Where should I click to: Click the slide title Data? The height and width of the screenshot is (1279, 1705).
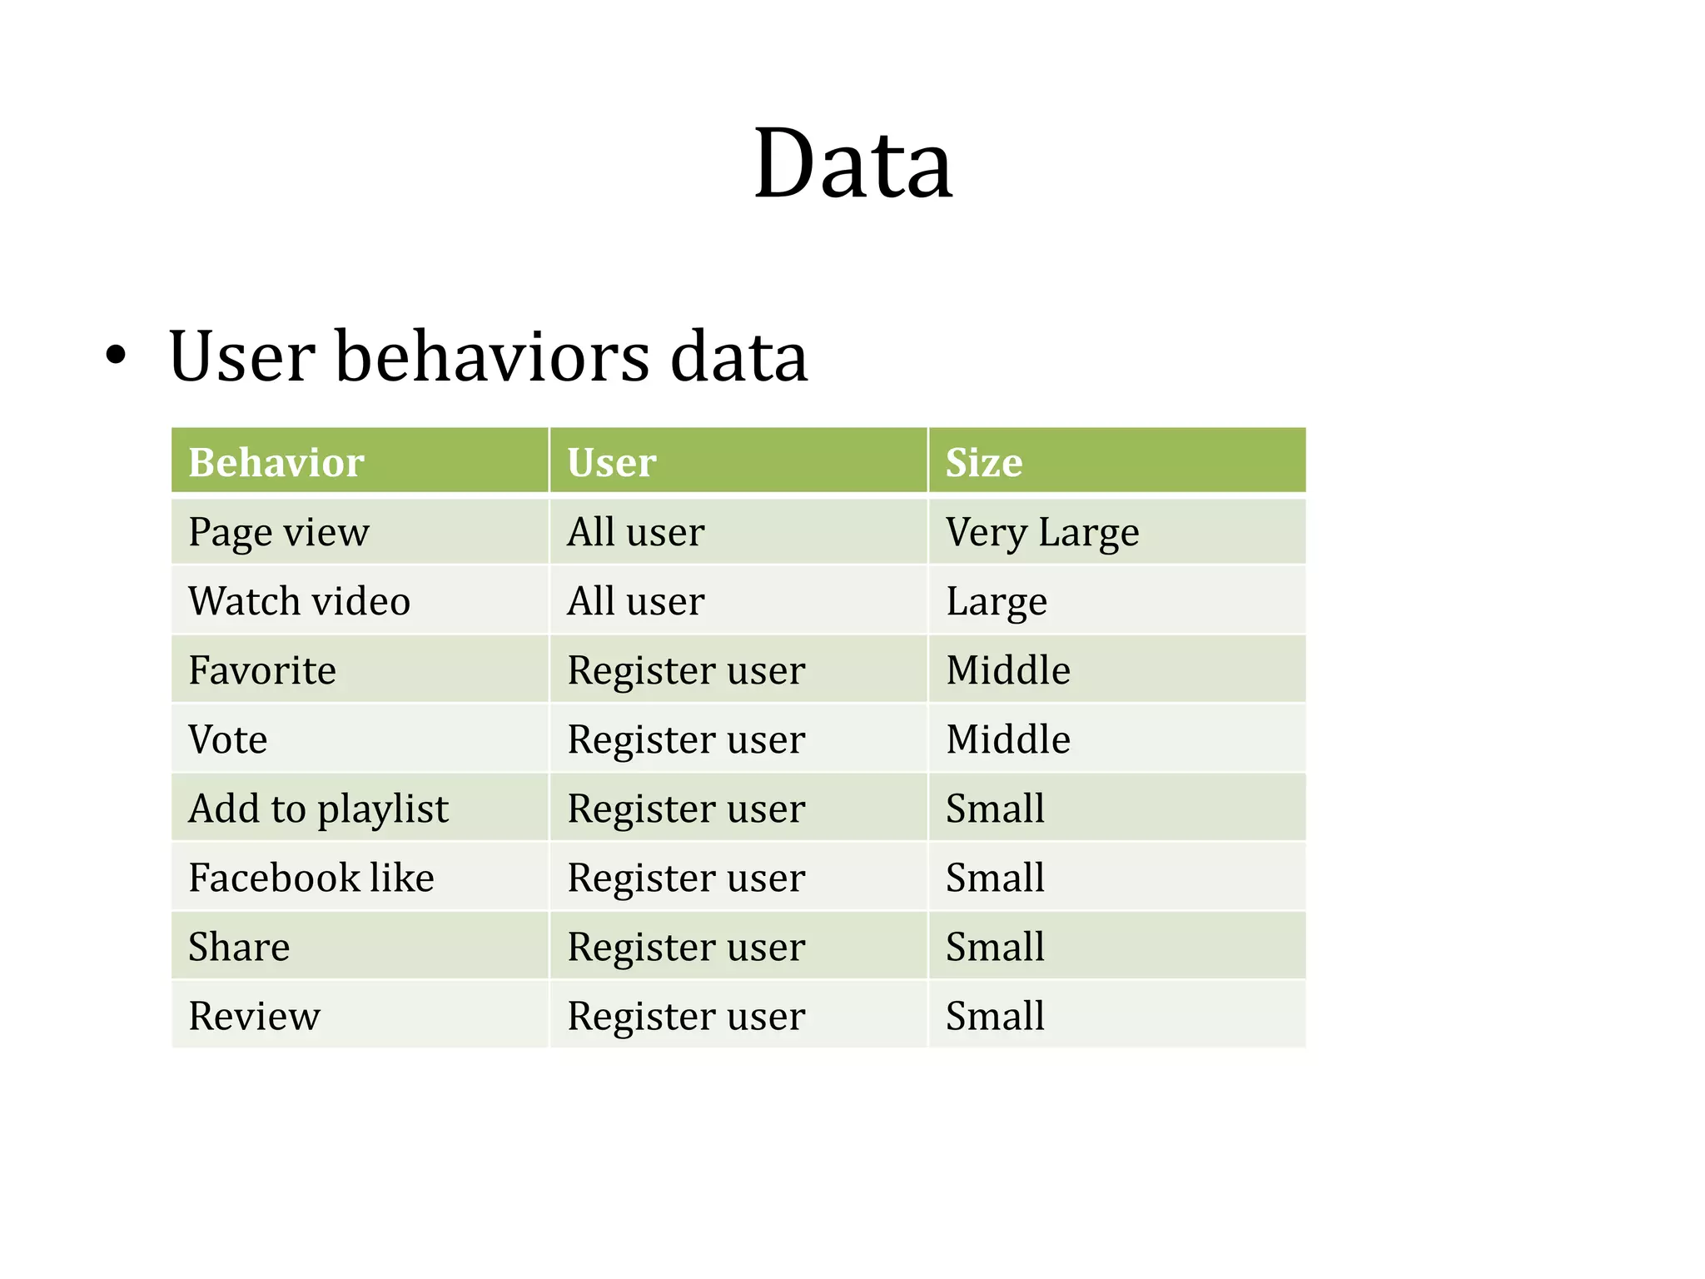852,163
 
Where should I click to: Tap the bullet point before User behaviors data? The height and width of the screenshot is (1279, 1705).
117,356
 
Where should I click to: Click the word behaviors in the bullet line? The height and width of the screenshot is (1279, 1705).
492,356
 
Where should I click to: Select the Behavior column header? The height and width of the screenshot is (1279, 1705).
276,462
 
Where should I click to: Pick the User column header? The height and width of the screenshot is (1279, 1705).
612,462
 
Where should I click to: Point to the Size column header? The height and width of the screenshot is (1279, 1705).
984,462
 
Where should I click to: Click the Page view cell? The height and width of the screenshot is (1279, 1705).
279,532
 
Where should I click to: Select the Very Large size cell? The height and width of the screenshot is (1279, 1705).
1042,532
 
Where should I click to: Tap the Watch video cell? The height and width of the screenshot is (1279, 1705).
299,601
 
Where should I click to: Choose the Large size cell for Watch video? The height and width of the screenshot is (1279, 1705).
997,601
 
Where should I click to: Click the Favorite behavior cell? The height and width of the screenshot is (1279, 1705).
262,670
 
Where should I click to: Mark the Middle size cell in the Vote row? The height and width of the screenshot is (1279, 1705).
1008,739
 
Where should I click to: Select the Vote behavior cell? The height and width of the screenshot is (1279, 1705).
228,739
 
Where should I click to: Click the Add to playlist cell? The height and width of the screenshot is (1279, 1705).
318,809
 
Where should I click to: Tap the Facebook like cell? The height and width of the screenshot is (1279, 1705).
311,878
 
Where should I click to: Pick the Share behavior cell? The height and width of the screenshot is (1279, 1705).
239,947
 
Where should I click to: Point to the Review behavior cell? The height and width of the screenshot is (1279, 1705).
254,1016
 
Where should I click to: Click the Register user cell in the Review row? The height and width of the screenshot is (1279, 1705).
686,1016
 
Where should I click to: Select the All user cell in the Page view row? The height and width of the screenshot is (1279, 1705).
636,532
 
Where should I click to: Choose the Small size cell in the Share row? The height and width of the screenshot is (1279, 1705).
995,947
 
